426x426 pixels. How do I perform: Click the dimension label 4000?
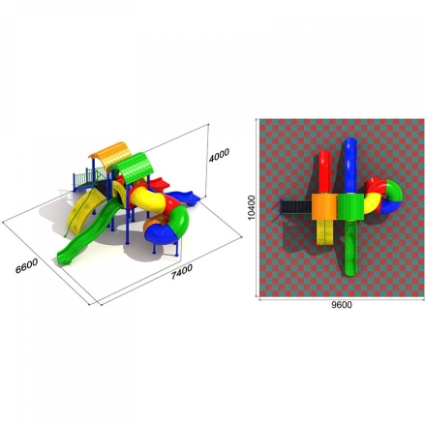[219, 155]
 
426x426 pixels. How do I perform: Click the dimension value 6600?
[27, 265]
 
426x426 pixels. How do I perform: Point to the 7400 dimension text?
[182, 272]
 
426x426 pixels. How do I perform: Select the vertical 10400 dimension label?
[252, 207]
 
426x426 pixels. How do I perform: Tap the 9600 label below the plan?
[342, 305]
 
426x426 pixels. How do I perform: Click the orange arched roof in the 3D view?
[110, 156]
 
